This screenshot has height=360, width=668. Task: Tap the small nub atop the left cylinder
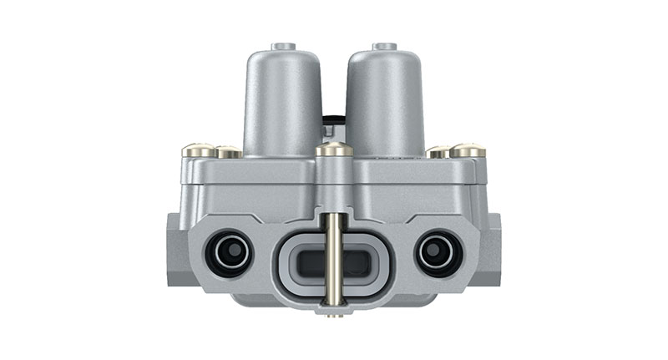tap(284, 46)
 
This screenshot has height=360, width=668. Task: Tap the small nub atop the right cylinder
tap(385, 46)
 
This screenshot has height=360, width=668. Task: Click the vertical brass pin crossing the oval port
tap(334, 259)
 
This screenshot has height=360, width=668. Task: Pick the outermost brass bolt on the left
tap(194, 151)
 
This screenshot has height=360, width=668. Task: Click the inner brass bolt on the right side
tap(438, 152)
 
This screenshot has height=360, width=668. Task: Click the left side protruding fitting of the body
tap(177, 251)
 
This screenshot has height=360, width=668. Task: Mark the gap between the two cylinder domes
tap(334, 84)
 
